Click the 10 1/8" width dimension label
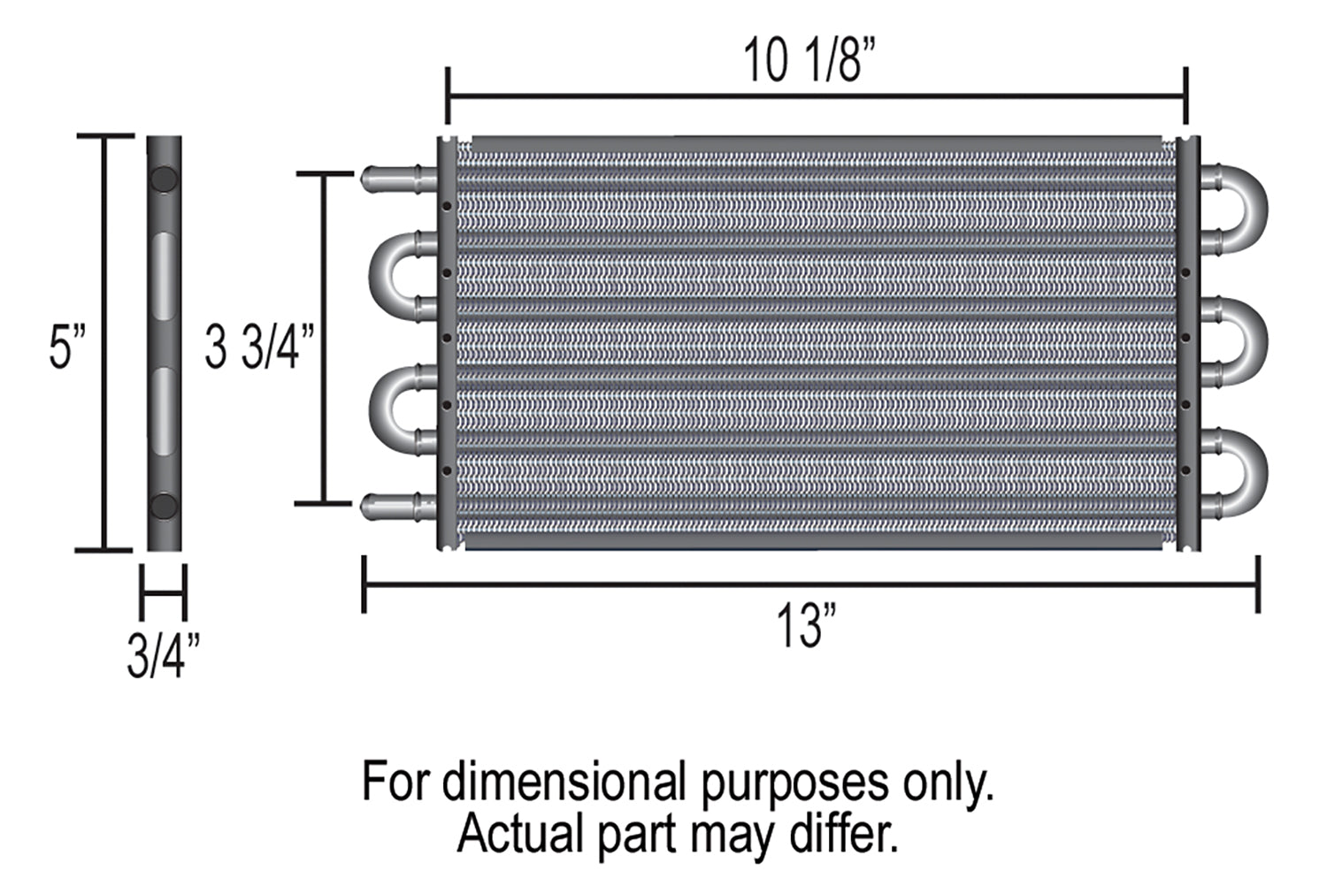coord(809,59)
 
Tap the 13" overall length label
coord(806,625)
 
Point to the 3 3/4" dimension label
coord(259,347)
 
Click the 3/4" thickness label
coord(164,655)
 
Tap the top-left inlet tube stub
coord(399,179)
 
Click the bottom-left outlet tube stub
coord(399,507)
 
